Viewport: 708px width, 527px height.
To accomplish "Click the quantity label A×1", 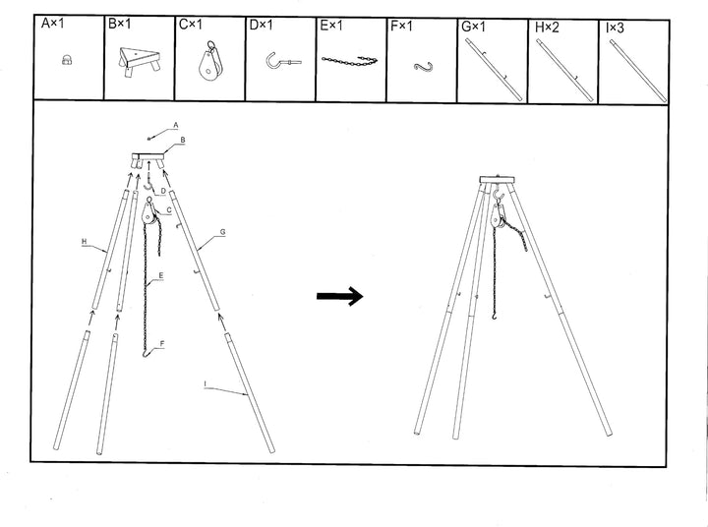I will [x=51, y=28].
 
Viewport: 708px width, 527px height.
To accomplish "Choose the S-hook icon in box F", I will [x=423, y=66].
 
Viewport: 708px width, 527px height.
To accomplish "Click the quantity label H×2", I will [x=547, y=28].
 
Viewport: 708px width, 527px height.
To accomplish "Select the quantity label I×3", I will [x=617, y=28].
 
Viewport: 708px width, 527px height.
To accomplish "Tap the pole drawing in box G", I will [x=493, y=66].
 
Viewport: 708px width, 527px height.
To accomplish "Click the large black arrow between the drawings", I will [x=339, y=296].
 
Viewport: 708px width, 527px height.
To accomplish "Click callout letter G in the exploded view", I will [x=223, y=232].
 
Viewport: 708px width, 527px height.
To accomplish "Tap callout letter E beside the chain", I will [x=160, y=278].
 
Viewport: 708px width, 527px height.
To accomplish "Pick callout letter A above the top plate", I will [x=175, y=125].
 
